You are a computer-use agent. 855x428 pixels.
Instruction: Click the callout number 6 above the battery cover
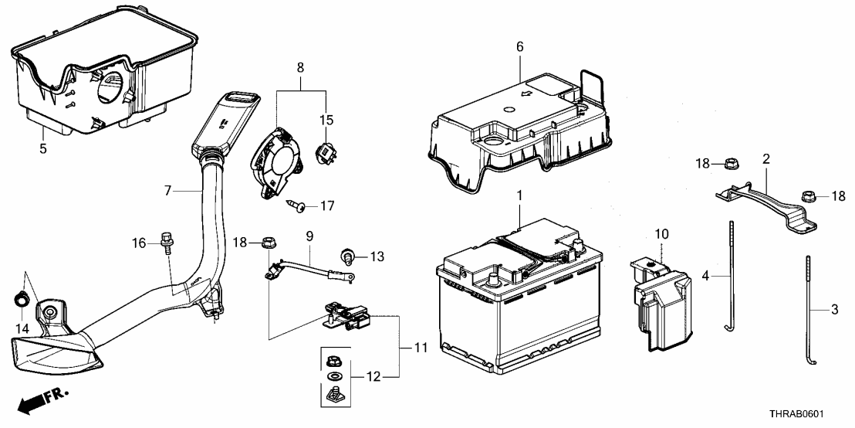[520, 47]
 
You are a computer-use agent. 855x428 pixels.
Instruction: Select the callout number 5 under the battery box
[43, 147]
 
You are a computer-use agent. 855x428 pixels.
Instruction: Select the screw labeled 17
[297, 205]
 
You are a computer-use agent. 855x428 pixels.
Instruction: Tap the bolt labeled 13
[348, 256]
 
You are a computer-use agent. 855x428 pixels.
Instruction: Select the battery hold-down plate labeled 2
[764, 198]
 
